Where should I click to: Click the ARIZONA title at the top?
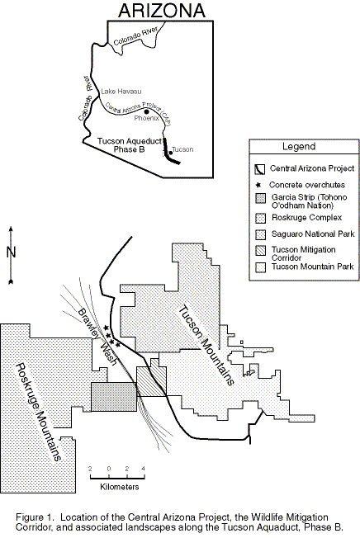coord(162,10)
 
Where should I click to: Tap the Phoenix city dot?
coord(147,112)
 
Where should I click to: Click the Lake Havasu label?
coord(121,92)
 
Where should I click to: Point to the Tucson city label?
coord(182,149)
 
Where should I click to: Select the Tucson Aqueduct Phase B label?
coord(130,145)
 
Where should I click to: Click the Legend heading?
coord(299,147)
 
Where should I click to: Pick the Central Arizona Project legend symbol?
coord(260,169)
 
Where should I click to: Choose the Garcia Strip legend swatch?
coord(260,199)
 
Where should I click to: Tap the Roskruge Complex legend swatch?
coord(260,218)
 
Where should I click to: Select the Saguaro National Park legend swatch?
coord(260,234)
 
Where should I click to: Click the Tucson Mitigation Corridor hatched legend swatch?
coord(260,251)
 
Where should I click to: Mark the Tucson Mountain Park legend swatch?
coord(260,267)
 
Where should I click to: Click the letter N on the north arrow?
coord(12,252)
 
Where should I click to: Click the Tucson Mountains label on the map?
coord(206,345)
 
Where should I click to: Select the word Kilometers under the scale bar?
coord(120,487)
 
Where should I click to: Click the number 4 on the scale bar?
coord(144,469)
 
